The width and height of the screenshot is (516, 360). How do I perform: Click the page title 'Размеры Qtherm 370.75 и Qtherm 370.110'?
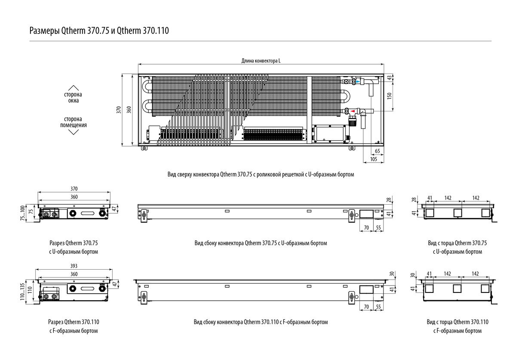tap(99, 31)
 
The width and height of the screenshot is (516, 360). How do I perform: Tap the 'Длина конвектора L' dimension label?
tap(261, 61)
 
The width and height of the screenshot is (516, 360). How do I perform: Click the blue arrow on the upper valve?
tap(358, 82)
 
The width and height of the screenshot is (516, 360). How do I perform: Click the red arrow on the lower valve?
tap(353, 111)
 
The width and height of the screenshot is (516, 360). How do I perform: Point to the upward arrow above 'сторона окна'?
tap(73, 88)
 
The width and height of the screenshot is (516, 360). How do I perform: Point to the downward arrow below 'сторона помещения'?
tap(74, 132)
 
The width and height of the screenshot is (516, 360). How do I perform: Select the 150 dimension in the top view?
tap(389, 96)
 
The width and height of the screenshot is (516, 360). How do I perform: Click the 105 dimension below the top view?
tap(373, 159)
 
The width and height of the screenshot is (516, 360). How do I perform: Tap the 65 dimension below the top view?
tap(378, 151)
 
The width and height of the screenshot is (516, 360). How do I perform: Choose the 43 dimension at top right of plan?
tap(389, 78)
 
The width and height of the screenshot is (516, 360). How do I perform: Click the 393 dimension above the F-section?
tap(74, 266)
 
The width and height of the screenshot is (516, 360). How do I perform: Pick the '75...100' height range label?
tap(22, 213)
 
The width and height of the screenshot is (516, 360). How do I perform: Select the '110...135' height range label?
tap(22, 292)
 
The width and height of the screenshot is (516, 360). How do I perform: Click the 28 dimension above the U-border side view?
tap(389, 200)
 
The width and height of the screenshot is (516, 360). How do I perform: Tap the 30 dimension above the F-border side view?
tap(392, 274)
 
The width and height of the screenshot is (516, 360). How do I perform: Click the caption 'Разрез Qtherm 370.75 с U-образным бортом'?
tap(74, 247)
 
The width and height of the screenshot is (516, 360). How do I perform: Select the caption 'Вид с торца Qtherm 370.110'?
tap(458, 322)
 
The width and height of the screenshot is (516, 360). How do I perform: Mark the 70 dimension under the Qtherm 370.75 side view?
tap(366, 228)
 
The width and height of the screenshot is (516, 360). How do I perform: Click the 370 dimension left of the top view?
tap(118, 110)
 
